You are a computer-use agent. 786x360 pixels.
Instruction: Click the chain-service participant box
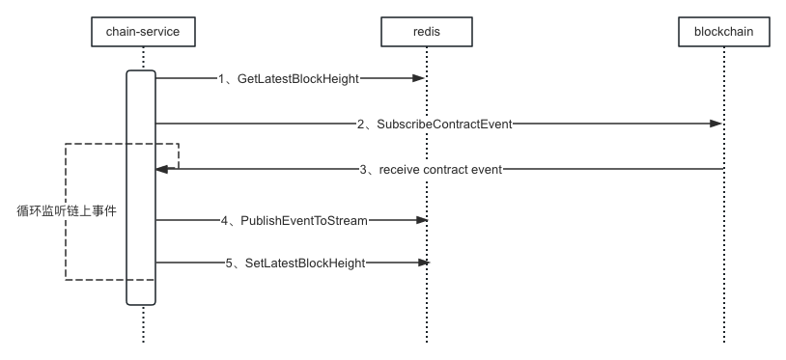pos(143,33)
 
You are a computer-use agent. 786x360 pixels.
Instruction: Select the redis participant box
pos(426,33)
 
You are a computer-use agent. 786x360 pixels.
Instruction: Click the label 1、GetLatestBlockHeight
pos(289,78)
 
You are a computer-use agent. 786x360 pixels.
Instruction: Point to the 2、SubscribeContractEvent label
pos(434,124)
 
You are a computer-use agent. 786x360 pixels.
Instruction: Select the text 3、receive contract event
pos(431,169)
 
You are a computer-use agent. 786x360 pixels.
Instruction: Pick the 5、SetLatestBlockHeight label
pos(295,262)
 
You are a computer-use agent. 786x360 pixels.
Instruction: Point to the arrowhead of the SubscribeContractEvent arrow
pos(716,124)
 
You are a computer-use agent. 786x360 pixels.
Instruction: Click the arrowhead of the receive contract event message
pos(163,169)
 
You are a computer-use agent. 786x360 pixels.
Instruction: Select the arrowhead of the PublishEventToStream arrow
pos(420,221)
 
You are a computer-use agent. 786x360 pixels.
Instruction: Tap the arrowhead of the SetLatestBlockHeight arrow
pos(420,262)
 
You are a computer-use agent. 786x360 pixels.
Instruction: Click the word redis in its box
pos(426,33)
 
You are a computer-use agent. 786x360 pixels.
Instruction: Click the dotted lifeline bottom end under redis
pos(426,338)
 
